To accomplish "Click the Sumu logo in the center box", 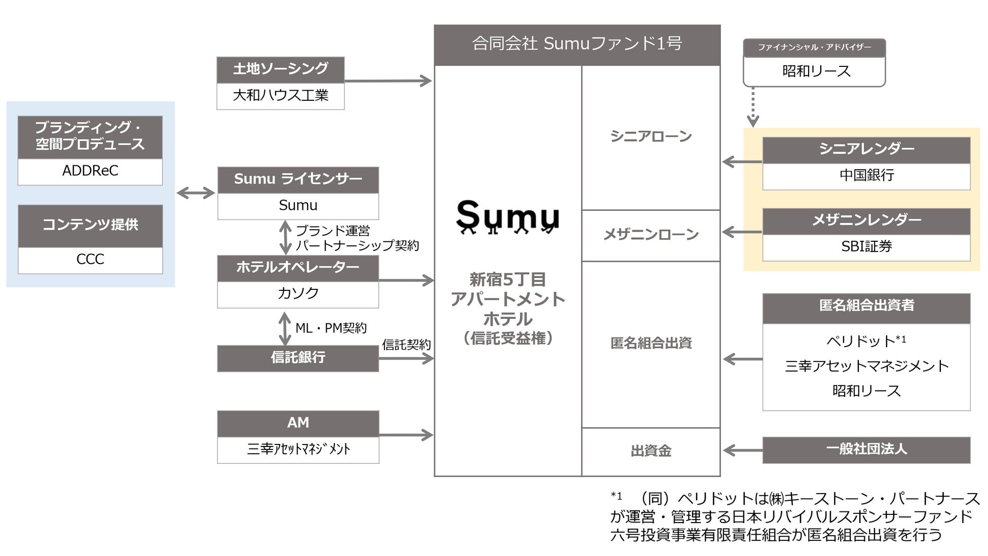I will [x=508, y=217].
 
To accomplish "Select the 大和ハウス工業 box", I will [x=280, y=95].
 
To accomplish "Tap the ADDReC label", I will [x=90, y=171].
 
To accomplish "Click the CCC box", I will [x=90, y=260].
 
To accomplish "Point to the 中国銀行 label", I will [x=866, y=175].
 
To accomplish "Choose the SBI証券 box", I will [x=866, y=247].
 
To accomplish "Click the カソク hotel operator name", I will [x=298, y=293].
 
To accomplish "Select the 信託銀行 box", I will [x=298, y=358].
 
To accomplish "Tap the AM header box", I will [x=298, y=423].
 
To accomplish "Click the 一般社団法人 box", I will [x=866, y=450].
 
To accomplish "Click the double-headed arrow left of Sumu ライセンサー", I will [x=196, y=193].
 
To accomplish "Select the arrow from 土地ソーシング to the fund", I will [x=388, y=81].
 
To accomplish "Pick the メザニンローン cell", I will [x=651, y=235].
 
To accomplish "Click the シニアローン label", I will [x=651, y=137].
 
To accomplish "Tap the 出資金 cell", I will [x=651, y=451].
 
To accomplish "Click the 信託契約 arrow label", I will [x=406, y=345].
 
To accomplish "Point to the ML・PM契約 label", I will [x=331, y=328].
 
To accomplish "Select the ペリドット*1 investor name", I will [x=866, y=341].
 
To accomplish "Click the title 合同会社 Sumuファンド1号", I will [x=577, y=44].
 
